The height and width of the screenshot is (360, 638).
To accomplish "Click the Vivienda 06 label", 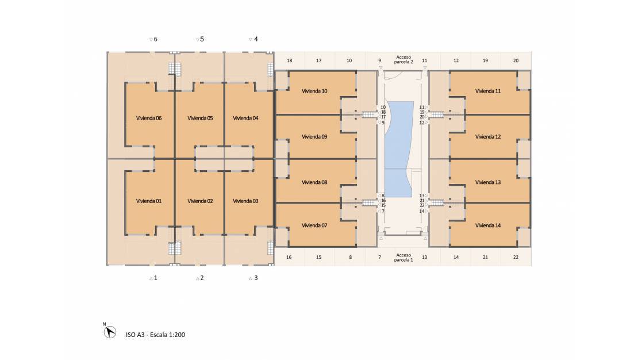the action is coord(148,118).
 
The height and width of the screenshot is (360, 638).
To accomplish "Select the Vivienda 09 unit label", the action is coord(314,137).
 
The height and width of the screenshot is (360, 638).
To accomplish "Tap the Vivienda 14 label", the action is coord(488,225).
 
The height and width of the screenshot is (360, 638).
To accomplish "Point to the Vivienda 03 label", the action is coord(245,201).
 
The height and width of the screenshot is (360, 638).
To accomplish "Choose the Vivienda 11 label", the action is coord(488,91).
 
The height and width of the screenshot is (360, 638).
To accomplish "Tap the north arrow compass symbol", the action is coord(109,332).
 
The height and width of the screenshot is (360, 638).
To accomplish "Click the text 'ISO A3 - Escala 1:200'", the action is coord(155,335).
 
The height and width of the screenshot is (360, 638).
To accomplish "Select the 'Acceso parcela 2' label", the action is coord(403,59).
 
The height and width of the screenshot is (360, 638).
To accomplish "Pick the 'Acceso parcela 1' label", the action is coord(403,258).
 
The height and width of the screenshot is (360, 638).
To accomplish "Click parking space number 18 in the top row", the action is coord(290,61).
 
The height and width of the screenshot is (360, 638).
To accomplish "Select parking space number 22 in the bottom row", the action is coord(516,258).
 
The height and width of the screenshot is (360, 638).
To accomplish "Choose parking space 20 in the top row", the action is coord(516,61).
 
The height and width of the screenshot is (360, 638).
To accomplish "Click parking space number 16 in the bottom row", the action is coord(289,258).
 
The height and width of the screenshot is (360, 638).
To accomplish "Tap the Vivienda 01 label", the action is coord(148,201).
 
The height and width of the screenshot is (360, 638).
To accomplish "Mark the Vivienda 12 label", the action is coord(488,137).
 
